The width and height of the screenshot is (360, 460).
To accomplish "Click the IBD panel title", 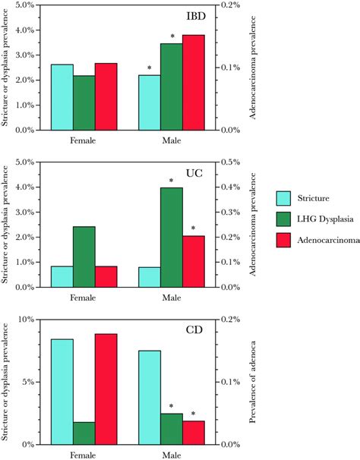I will click(x=200, y=17).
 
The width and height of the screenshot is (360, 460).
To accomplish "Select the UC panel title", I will click(x=200, y=175).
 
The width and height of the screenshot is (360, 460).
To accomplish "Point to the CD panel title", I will click(x=200, y=332).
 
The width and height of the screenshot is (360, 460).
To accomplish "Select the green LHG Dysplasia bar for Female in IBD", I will click(x=84, y=102).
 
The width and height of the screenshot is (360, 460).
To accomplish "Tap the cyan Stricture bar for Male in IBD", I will click(x=149, y=102).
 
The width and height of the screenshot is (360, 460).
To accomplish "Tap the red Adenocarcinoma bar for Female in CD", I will click(x=106, y=389).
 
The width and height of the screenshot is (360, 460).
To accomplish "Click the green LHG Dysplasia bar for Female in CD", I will click(x=84, y=433).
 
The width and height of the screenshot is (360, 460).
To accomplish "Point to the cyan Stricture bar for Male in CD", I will click(x=149, y=397).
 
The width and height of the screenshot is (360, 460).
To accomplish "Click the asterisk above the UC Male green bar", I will click(x=172, y=181).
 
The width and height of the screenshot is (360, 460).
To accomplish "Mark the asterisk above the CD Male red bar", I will click(x=193, y=414).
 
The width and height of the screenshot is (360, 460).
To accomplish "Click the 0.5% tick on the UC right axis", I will click(x=229, y=162).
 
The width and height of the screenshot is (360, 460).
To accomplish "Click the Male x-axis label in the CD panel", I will click(x=171, y=455).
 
